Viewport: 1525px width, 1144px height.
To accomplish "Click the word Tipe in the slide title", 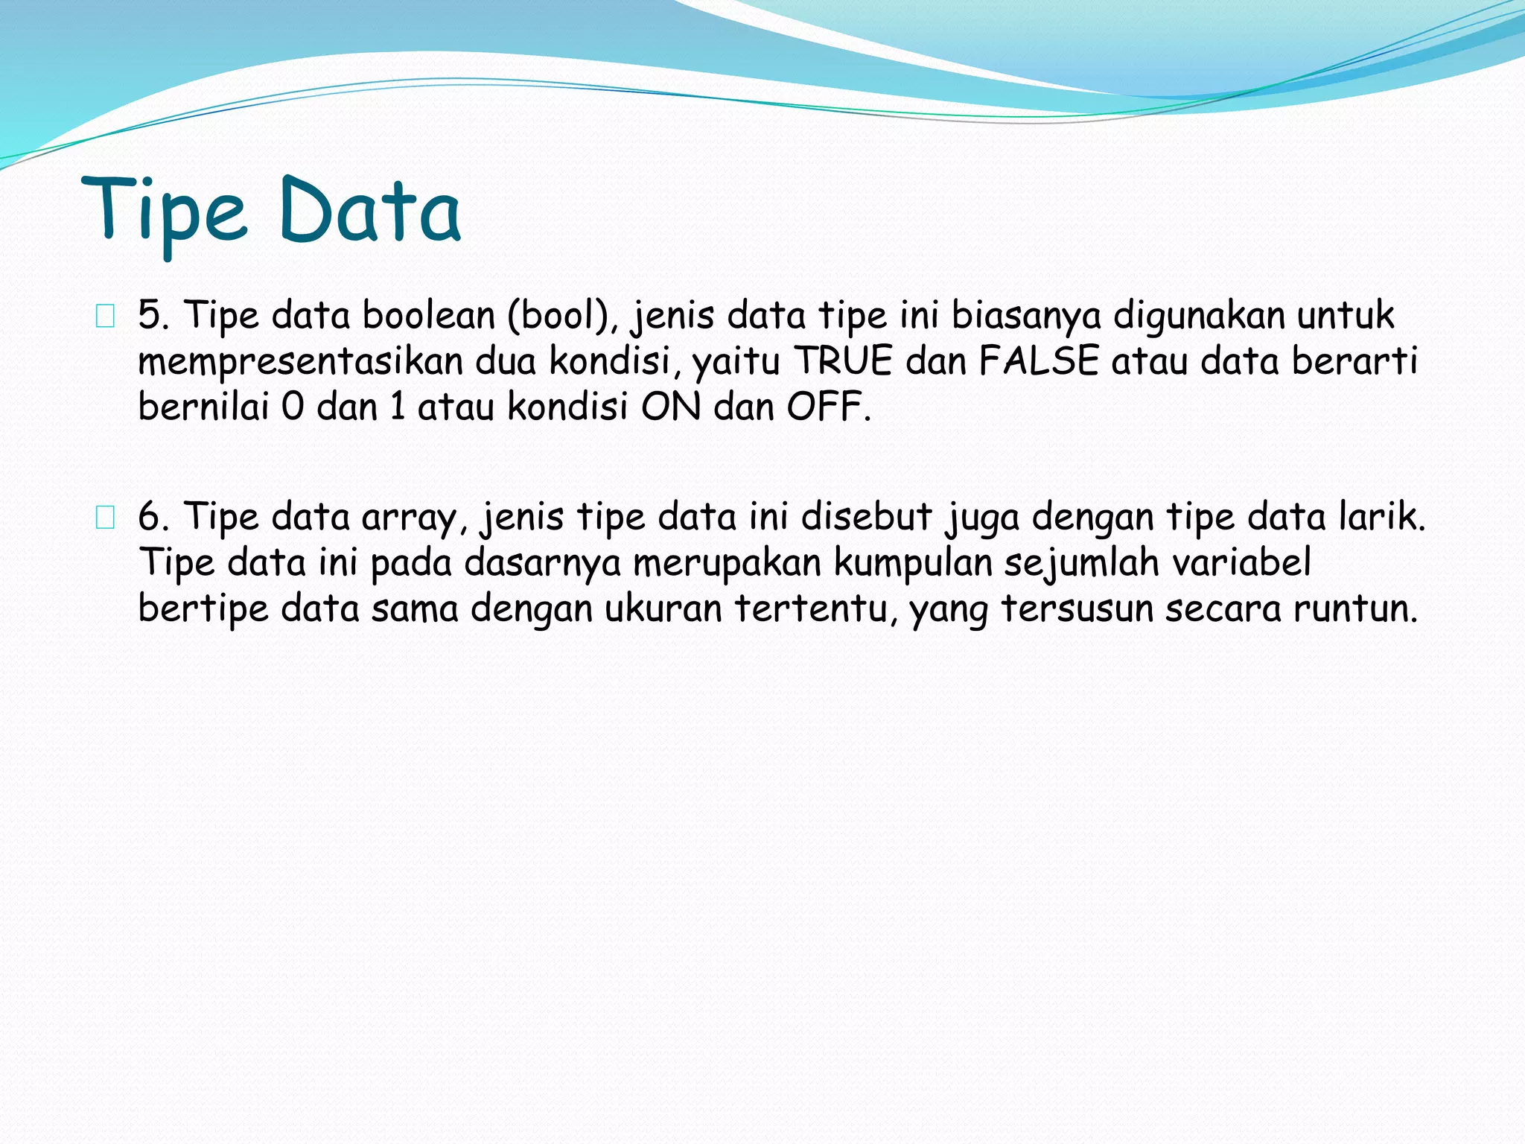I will pos(164,212).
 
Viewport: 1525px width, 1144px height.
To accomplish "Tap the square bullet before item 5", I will pos(105,317).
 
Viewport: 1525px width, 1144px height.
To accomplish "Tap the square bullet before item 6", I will pos(105,518).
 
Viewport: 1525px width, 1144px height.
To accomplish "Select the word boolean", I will pos(429,315).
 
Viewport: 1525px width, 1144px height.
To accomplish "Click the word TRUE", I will pos(844,361).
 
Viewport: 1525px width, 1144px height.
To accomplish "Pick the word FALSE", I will pos(1039,361).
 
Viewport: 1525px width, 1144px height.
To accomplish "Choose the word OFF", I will pos(826,407).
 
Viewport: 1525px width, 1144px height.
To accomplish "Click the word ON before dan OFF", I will pos(671,407).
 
